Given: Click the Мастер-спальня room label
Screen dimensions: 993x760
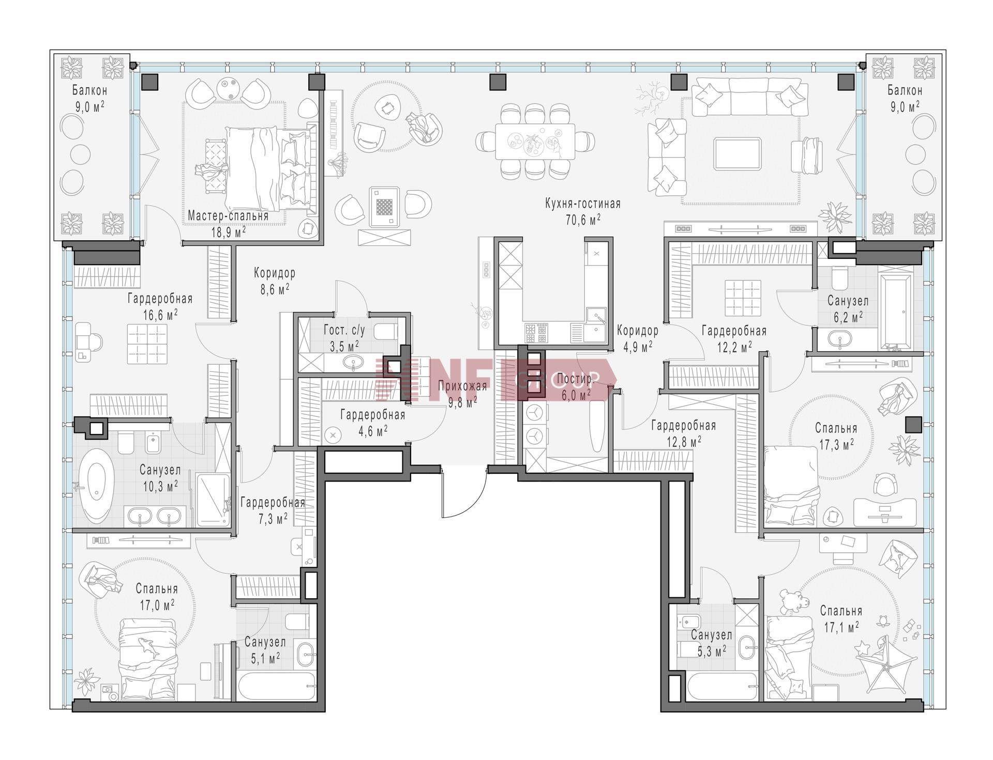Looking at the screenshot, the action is point(228,215).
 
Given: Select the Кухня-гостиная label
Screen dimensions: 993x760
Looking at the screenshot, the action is point(583,204).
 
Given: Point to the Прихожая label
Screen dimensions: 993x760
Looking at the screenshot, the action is point(462,386).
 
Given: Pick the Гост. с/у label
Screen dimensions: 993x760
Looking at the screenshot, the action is point(344,330).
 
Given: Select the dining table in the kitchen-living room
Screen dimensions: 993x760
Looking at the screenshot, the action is point(535,142).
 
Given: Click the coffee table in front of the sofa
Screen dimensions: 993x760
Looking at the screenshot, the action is point(738,153).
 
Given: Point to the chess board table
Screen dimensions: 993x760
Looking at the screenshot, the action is point(384,207).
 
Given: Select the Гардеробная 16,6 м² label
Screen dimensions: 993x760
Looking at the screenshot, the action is point(160,306).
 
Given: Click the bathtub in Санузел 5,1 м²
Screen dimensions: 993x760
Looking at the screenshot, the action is point(276,686).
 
